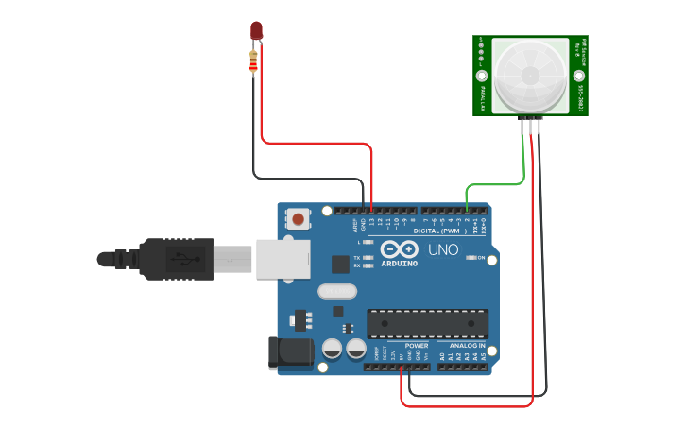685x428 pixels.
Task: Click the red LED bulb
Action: point(255,30)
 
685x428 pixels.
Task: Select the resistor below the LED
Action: point(252,61)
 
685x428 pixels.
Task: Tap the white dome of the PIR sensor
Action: point(528,75)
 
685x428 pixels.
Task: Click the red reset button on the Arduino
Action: point(299,219)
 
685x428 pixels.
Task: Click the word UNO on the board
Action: point(443,249)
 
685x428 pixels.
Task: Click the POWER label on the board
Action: point(417,346)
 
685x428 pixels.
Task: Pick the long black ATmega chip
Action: point(427,323)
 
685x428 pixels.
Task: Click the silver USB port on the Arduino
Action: point(283,258)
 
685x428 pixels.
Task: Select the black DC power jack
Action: point(290,352)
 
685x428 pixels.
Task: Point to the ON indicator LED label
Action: point(481,258)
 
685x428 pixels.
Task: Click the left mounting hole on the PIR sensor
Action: point(482,75)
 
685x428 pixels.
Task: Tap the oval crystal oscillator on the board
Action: point(337,291)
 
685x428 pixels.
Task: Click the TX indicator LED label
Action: point(356,257)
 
